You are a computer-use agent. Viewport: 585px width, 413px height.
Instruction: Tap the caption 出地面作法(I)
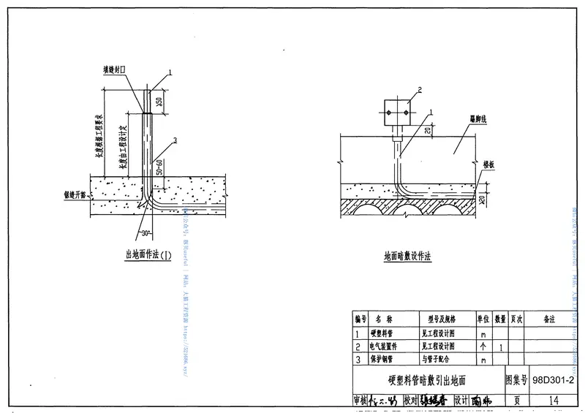point(148,254)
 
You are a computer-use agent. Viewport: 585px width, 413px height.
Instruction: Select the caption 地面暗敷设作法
point(408,257)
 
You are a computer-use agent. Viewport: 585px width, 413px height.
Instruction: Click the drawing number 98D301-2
point(554,381)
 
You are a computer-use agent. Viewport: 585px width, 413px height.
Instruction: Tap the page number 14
point(553,400)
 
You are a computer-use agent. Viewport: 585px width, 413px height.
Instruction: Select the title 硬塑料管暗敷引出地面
point(428,381)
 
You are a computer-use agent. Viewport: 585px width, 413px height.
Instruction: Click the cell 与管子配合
point(438,360)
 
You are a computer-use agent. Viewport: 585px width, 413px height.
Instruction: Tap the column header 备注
point(550,320)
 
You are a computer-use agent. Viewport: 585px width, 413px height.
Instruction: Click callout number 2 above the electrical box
point(420,90)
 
